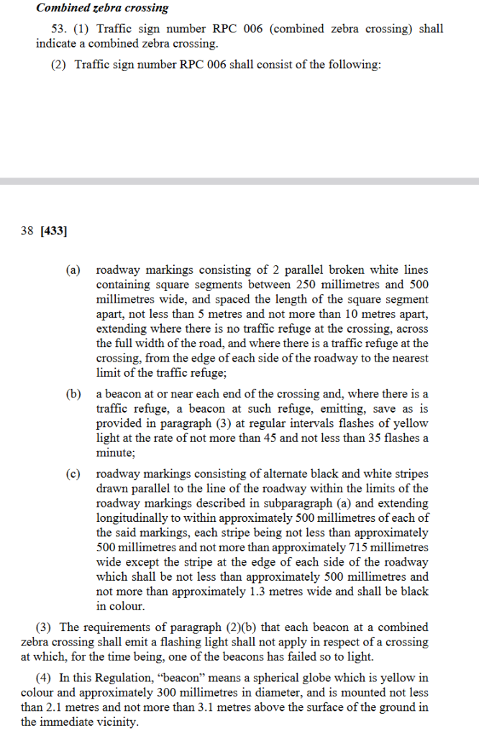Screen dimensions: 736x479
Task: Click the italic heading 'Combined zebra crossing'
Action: (102, 9)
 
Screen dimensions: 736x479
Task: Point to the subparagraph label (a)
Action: (73, 270)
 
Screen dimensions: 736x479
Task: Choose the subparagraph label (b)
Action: (73, 395)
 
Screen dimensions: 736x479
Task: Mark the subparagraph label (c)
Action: (73, 474)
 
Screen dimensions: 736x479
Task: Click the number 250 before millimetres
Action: (306, 285)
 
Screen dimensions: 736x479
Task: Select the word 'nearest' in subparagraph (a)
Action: (409, 358)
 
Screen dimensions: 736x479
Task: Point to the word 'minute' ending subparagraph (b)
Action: (114, 453)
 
